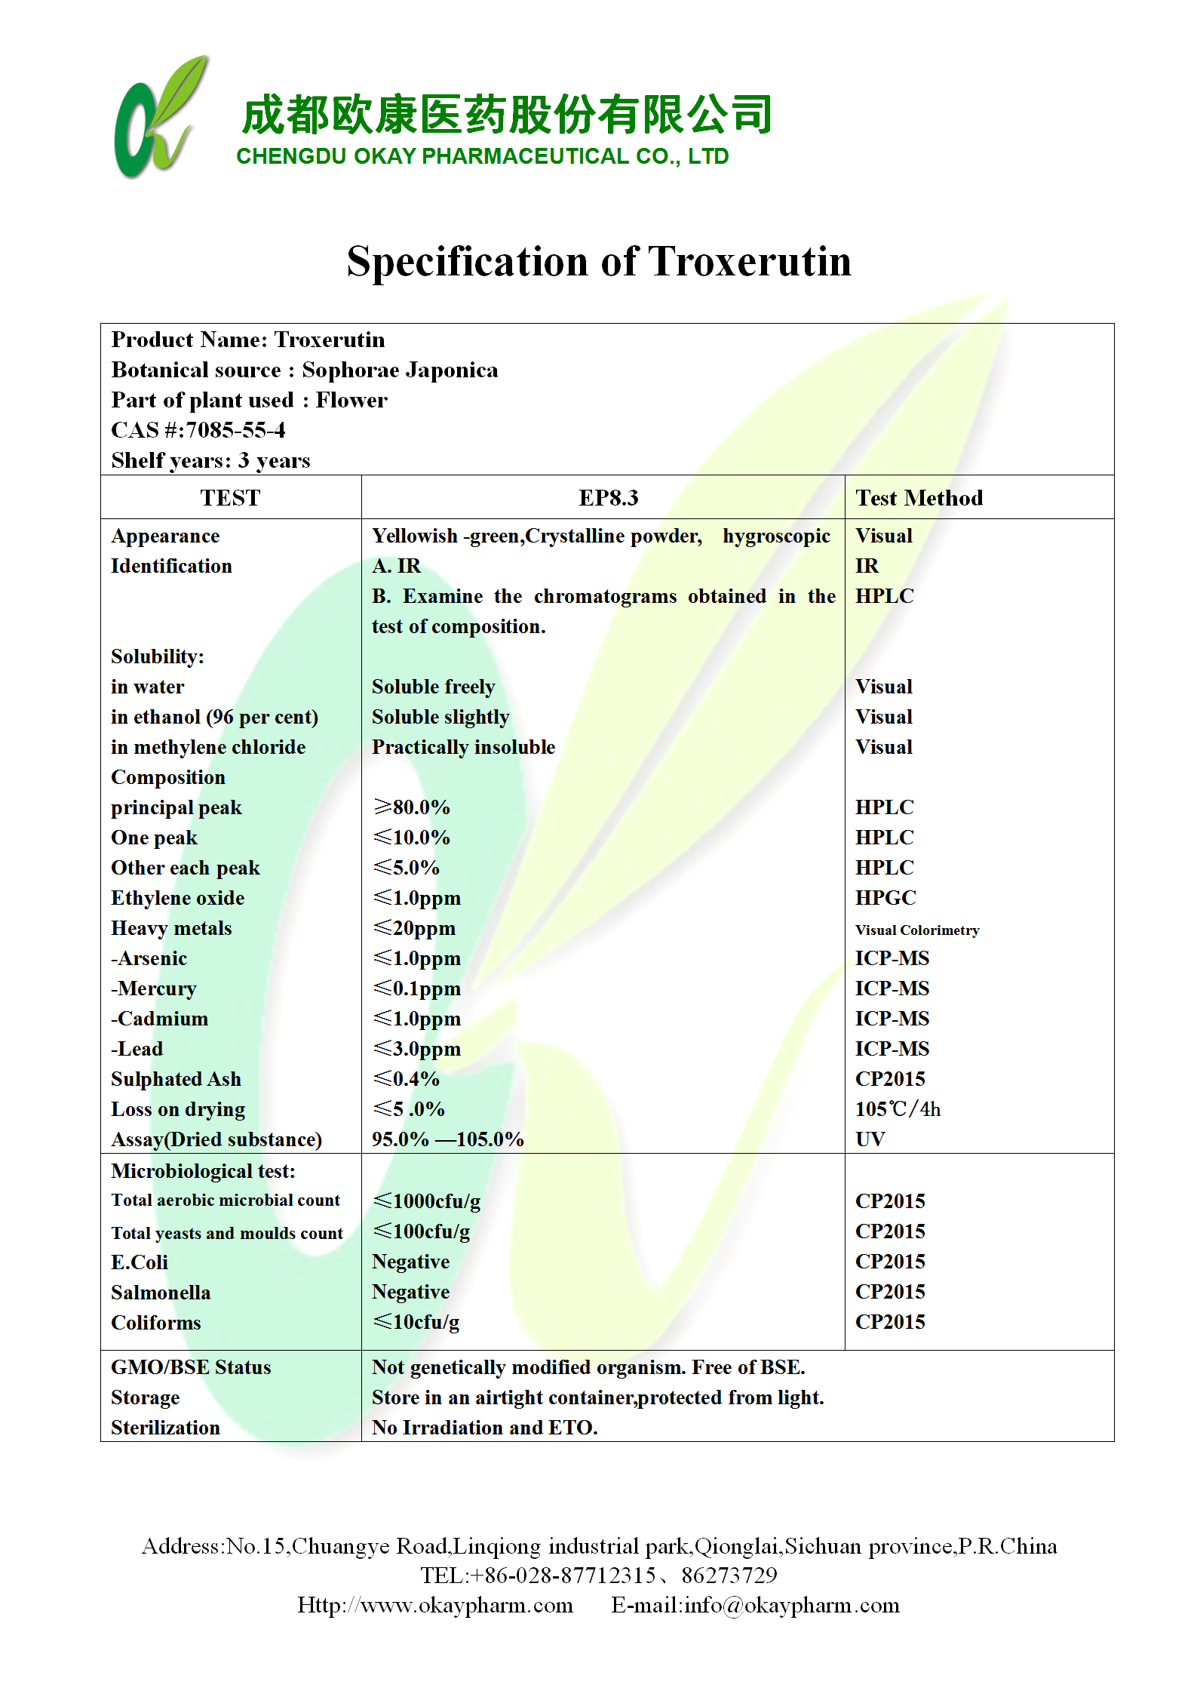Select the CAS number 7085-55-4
pos(236,430)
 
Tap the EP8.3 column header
pos(608,498)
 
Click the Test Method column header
pos(919,498)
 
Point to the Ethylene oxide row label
pos(178,898)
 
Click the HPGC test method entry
pos(885,898)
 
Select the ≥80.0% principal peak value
pos(412,807)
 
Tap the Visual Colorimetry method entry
pos(917,930)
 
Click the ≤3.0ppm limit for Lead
pos(417,1049)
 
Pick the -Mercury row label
pos(154,988)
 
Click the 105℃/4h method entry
pos(898,1109)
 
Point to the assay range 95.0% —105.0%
pos(447,1139)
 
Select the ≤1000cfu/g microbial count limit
pos(427,1201)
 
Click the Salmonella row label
pos(161,1293)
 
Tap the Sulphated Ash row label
pos(176,1079)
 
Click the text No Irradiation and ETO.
pos(484,1428)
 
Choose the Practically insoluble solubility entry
pos(463,747)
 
